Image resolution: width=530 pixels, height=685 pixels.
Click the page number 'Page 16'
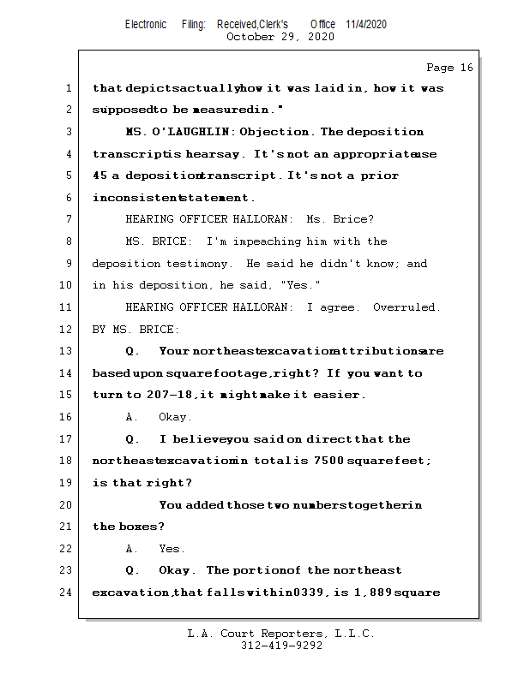coord(449,68)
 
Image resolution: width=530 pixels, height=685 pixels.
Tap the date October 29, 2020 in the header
coord(280,37)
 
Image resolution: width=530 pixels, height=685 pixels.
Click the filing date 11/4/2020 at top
coord(366,24)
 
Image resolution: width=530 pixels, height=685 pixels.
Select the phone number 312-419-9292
coord(281,646)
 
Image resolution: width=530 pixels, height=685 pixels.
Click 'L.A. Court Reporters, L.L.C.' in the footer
coord(280,634)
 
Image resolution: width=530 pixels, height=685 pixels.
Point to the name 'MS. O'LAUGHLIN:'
coord(179,133)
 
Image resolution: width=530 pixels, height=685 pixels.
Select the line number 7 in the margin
coord(69,220)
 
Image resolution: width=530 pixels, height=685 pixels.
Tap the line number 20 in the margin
coord(66,505)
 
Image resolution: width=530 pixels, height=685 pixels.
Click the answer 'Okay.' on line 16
coord(175,417)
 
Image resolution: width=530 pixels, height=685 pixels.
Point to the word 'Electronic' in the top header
coord(146,24)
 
